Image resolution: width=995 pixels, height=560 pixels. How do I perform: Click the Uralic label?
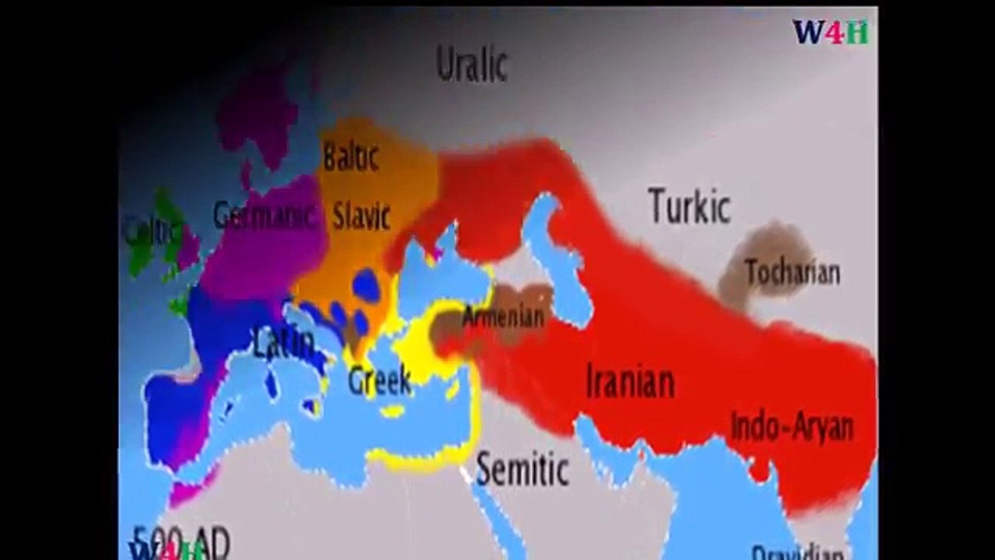(471, 64)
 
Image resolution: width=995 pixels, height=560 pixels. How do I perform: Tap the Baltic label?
(351, 156)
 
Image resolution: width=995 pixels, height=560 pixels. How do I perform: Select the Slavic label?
(361, 215)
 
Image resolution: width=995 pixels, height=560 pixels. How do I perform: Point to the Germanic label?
(264, 215)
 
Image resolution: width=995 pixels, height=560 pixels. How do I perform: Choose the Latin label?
(284, 343)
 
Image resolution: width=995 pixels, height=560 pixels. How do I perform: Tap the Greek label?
(379, 380)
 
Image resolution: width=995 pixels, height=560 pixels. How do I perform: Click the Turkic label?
(690, 207)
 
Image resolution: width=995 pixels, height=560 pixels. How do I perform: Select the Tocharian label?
(792, 273)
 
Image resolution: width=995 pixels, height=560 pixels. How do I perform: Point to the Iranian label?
(630, 381)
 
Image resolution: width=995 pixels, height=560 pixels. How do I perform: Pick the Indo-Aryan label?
(791, 426)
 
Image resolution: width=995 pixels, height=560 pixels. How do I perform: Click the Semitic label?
(522, 469)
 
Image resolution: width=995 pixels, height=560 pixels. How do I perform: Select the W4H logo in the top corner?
(830, 32)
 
